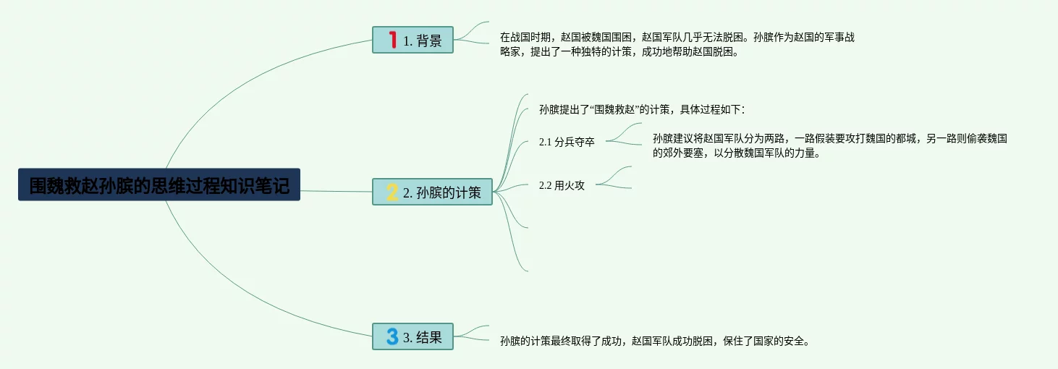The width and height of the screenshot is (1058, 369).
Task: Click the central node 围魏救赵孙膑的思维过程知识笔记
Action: click(x=159, y=185)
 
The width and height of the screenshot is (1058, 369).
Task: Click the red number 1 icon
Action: click(x=393, y=40)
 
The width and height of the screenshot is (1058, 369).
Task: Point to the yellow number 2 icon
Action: click(x=392, y=192)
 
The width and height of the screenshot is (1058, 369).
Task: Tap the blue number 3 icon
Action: click(x=392, y=336)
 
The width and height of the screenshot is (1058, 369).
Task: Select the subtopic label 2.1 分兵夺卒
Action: click(x=567, y=143)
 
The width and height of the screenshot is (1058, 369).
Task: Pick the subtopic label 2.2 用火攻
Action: click(x=562, y=185)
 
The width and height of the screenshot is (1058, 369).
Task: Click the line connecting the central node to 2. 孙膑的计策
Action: click(x=337, y=191)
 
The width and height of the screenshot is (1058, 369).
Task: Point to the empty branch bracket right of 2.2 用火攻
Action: click(x=615, y=178)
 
